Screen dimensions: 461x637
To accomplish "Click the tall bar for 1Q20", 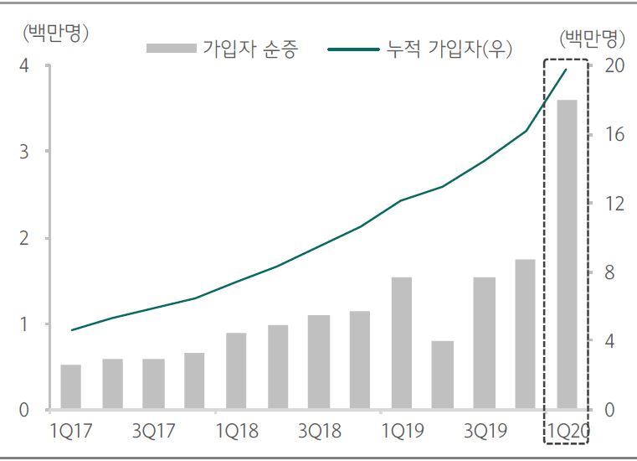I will point(567,255).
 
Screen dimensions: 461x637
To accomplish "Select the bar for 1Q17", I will point(71,387).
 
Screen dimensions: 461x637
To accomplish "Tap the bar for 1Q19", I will point(402,344).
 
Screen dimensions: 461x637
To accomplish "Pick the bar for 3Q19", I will point(484,344).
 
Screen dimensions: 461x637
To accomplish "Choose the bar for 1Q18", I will point(236,371).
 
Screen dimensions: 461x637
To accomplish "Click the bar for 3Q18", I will point(319,362).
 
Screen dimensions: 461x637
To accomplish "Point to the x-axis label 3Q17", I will point(154,431).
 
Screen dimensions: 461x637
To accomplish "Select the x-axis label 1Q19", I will point(402,431).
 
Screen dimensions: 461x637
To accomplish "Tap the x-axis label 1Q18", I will point(236,431).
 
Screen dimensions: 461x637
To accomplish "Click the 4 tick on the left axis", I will point(25,65).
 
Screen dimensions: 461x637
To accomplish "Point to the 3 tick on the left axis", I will point(25,152).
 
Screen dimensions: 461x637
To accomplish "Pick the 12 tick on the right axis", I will point(614,204).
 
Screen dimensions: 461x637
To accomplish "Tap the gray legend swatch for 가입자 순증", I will point(171,49).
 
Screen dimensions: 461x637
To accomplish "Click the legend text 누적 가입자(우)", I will point(449,49).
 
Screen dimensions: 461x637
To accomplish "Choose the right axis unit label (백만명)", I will point(593,39).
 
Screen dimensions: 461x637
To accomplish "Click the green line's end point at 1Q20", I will point(567,70).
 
